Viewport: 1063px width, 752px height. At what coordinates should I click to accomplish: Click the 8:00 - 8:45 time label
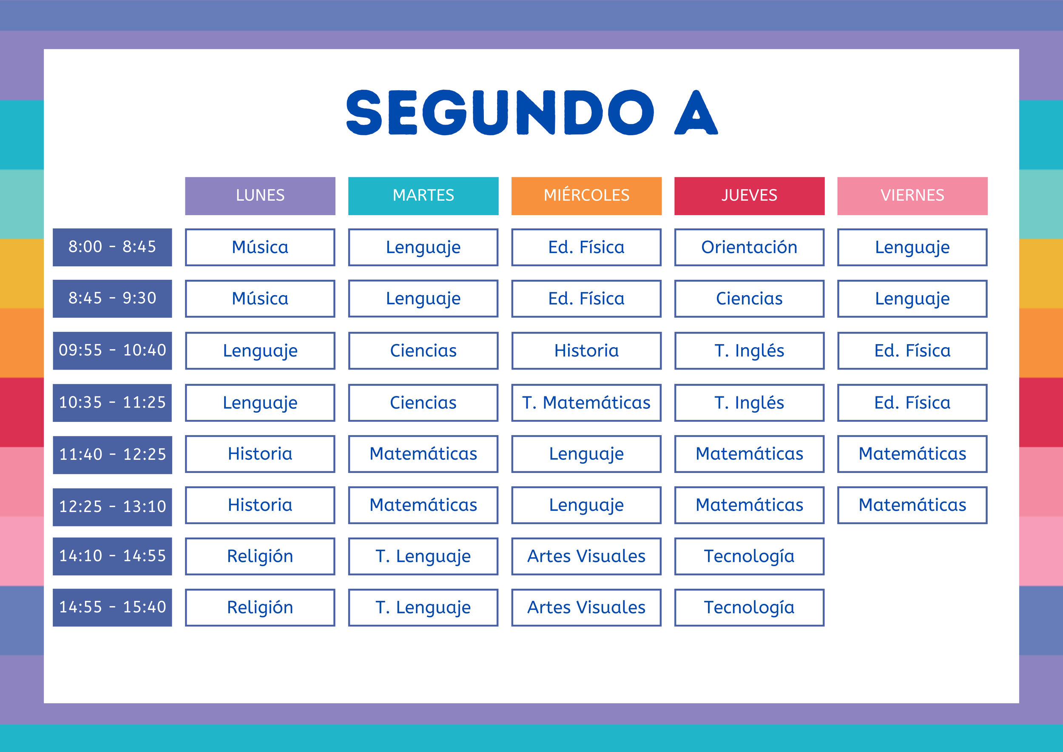tap(112, 247)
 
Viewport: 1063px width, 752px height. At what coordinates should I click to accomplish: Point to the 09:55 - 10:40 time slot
tap(112, 350)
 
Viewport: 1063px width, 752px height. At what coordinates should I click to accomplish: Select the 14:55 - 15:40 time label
tap(112, 607)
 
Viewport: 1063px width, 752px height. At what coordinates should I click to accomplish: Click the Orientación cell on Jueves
tap(749, 247)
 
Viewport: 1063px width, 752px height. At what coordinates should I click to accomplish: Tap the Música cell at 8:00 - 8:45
tap(260, 247)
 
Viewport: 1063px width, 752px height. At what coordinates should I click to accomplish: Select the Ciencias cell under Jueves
tap(749, 299)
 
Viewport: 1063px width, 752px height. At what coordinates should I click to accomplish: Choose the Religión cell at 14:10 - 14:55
tap(260, 556)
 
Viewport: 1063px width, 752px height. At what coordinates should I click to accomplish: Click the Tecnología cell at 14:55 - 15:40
tap(749, 607)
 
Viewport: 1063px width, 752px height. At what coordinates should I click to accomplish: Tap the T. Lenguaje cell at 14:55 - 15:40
tap(423, 607)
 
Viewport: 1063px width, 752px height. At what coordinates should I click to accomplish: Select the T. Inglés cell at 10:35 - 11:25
tap(749, 403)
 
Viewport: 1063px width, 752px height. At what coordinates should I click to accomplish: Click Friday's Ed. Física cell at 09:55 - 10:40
tap(912, 350)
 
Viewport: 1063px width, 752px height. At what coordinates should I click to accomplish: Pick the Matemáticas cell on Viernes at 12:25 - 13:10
tap(912, 505)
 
